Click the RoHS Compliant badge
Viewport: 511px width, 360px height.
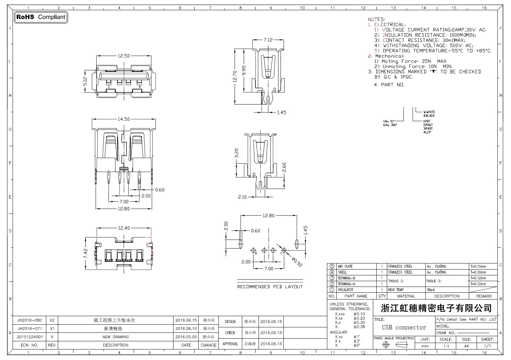coord(41,17)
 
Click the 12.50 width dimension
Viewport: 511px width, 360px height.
coord(123,56)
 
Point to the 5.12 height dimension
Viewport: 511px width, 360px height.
coord(85,81)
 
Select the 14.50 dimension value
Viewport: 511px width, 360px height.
coord(123,119)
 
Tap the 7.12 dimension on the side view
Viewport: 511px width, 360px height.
coord(268,39)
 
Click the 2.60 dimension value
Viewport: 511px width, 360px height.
coord(284,167)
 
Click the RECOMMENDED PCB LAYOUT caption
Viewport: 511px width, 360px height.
coord(270,287)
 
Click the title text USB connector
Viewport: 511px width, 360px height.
coord(404,327)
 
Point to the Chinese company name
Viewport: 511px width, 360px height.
coord(436,308)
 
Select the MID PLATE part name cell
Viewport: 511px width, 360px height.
coord(345,267)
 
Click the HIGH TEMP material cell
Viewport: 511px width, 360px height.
coord(396,290)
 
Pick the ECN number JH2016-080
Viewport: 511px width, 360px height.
coord(30,320)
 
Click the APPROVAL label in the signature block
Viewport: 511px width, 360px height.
coord(230,344)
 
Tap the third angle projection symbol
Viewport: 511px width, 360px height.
coord(394,345)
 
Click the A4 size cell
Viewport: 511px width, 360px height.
coord(466,346)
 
